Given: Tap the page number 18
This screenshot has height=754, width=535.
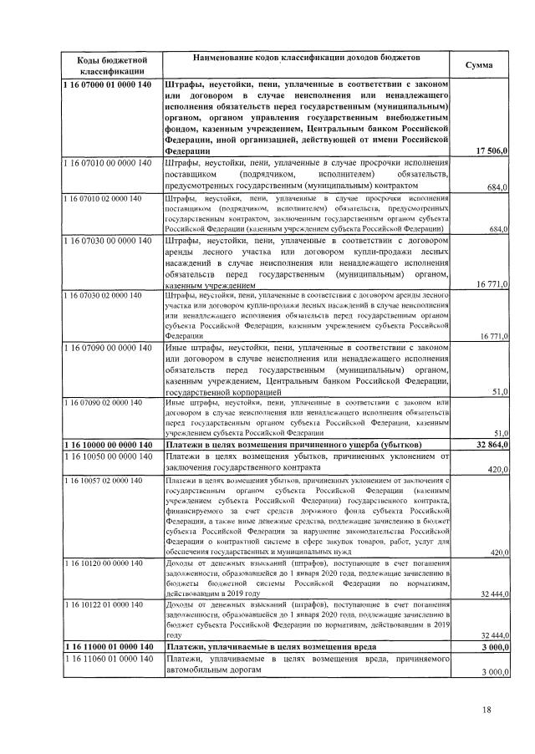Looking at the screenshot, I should tap(487, 711).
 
